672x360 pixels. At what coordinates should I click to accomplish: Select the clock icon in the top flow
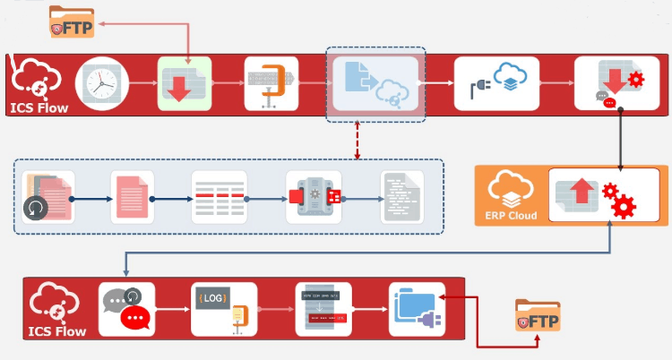coord(102,83)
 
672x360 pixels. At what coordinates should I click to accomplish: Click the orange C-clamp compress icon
coord(272,83)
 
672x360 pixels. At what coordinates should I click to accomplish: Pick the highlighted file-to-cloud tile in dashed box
coord(375,83)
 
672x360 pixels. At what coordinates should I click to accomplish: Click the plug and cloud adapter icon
coord(496,83)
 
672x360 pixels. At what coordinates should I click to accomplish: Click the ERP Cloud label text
coord(512,215)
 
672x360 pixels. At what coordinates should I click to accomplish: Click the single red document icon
coord(132,196)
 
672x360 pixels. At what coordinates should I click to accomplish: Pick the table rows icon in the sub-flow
coord(219,196)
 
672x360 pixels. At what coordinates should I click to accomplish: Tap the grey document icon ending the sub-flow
coord(401,196)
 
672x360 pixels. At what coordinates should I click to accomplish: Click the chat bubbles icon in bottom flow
coord(126,309)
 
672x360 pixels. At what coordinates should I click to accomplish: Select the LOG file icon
coord(223,309)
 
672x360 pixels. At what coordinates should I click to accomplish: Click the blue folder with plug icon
coord(417,309)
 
